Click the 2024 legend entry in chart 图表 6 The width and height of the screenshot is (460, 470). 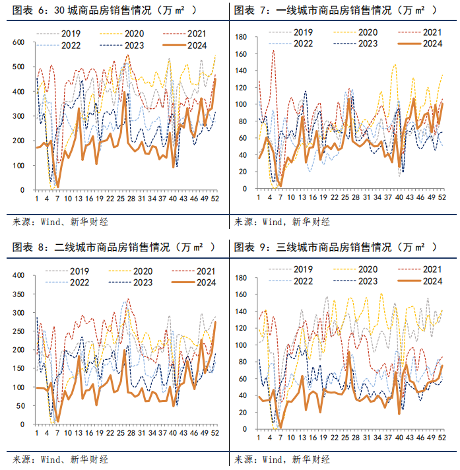(187, 44)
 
